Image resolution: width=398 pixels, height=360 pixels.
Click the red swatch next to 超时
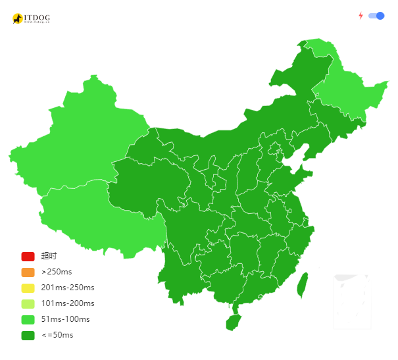(28, 256)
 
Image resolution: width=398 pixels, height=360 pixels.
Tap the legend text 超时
(49, 256)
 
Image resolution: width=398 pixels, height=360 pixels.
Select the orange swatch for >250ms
(28, 272)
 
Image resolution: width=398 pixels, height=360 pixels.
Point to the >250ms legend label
(57, 272)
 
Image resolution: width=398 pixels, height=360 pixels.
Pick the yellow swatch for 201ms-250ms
(28, 288)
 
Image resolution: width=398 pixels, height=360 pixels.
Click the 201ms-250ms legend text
(67, 288)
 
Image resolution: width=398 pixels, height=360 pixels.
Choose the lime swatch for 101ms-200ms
(28, 303)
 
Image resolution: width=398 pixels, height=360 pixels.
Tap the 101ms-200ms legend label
(67, 303)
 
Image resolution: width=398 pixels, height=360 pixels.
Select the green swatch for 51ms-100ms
(28, 319)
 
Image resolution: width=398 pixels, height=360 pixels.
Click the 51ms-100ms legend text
(65, 319)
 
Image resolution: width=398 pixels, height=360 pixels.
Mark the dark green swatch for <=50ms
(28, 335)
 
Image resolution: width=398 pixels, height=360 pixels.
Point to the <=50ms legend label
(57, 335)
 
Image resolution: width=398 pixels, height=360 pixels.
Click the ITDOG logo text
(37, 17)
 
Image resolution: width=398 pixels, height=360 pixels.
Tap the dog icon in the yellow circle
(18, 18)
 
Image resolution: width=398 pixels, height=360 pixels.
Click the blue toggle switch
(376, 16)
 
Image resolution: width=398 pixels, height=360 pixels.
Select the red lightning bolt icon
(361, 16)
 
